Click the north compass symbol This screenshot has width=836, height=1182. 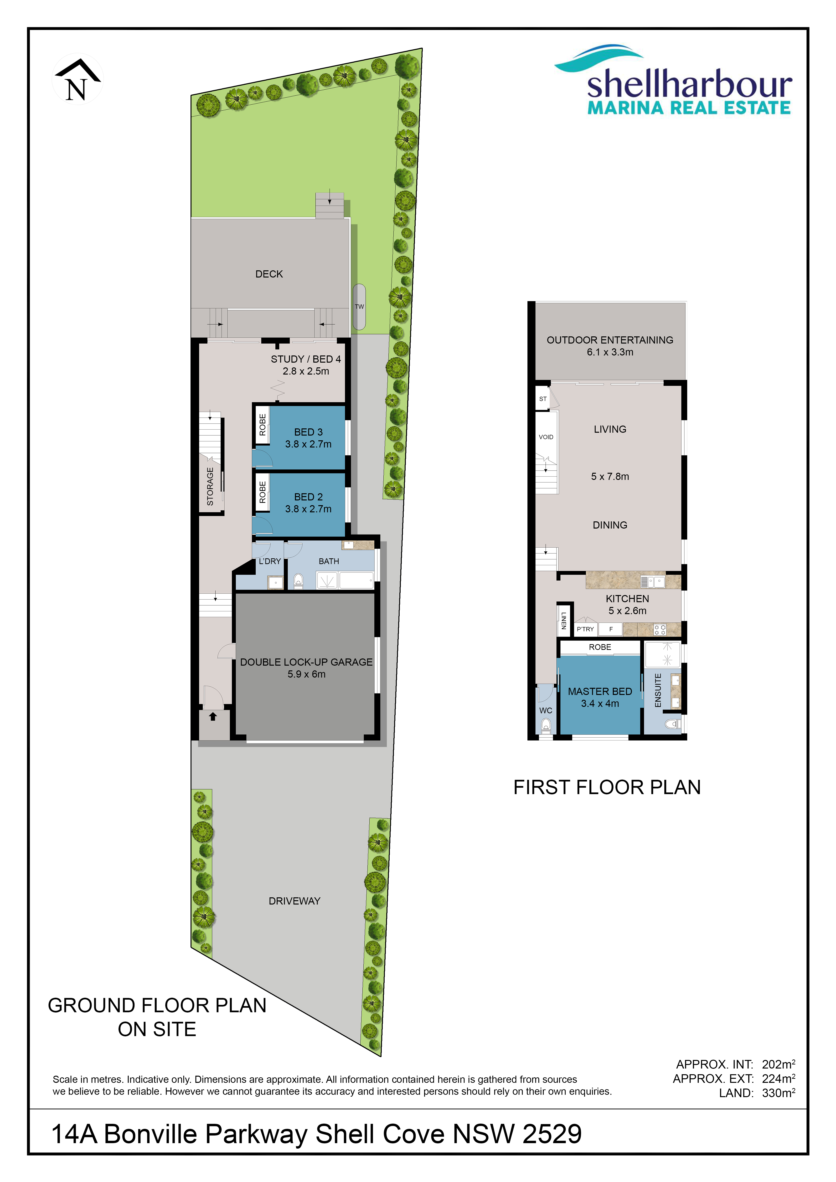coord(78,79)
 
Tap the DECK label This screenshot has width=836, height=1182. coord(269,274)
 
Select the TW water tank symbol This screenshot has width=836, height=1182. coord(359,307)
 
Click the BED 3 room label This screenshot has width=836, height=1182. coord(308,432)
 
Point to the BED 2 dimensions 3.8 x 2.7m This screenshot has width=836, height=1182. coord(308,509)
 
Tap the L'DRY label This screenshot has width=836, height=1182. coord(270,561)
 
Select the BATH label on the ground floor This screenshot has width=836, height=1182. coord(329,561)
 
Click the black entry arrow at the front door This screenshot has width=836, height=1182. coord(213,716)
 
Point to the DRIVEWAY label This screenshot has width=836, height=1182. coord(294,901)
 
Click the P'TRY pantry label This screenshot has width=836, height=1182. coord(585,629)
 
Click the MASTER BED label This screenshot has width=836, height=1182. coord(600,691)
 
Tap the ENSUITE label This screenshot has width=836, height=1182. coord(658,690)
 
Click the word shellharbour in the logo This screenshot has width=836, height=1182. coord(690,84)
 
